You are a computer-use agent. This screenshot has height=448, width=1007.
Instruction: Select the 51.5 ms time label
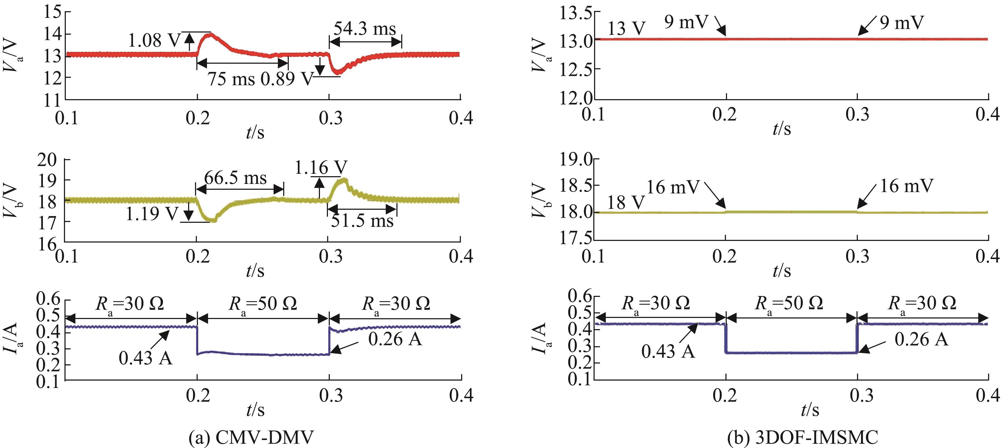(x=362, y=221)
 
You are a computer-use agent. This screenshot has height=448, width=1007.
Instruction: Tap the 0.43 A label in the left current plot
(x=145, y=358)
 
